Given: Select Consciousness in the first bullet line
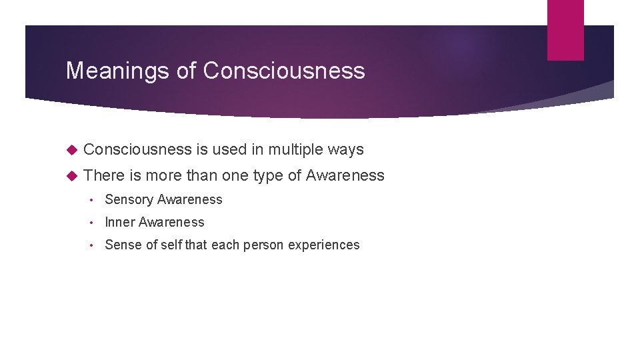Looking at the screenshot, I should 138,149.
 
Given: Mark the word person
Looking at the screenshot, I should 264,245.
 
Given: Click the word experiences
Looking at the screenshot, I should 324,245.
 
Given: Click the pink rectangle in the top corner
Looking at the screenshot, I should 565,29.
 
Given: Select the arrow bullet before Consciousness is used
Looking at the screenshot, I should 73,149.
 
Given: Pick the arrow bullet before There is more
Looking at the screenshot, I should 73,175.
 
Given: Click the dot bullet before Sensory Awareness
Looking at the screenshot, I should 95,200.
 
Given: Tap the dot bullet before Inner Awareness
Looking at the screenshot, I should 95,223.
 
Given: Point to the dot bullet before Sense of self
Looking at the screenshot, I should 95,245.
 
